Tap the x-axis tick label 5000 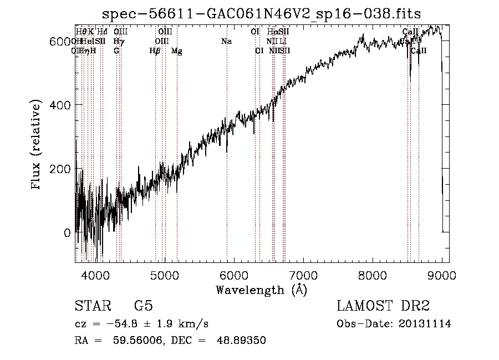(x=164, y=275)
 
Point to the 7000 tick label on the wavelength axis (x=303, y=275)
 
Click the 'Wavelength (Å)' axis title (x=261, y=290)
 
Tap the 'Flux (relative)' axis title (x=37, y=146)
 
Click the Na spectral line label (x=226, y=42)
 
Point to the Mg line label (x=177, y=51)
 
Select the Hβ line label (x=155, y=51)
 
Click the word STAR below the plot (x=91, y=306)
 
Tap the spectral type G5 (x=143, y=306)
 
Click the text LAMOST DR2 (x=383, y=306)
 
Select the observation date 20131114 (x=427, y=324)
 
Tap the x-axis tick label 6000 (x=234, y=275)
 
